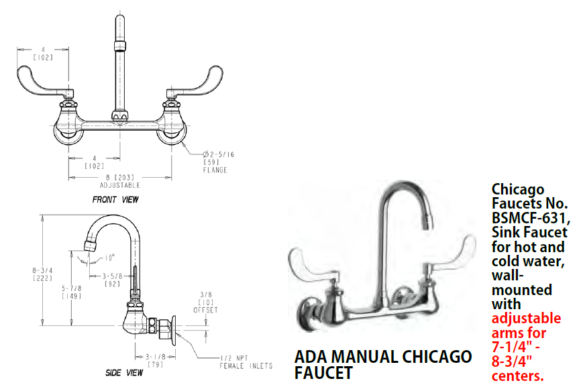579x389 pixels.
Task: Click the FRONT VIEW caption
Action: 116,199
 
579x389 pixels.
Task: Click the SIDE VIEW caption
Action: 124,372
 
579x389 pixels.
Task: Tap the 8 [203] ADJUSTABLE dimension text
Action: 119,180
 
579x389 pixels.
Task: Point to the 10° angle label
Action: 108,256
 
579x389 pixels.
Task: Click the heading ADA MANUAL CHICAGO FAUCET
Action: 382,364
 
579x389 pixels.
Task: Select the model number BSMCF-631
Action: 530,219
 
